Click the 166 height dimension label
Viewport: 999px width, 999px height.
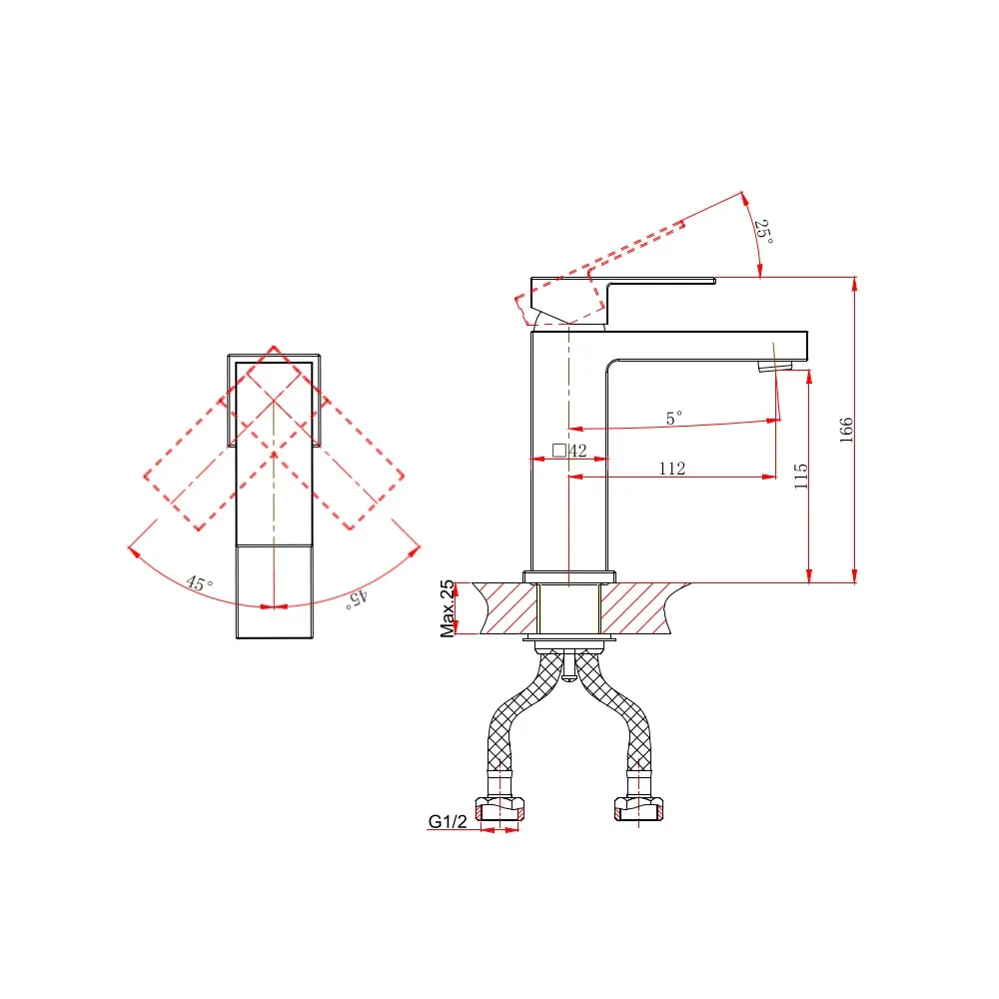point(845,430)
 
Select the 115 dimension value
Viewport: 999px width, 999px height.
point(801,477)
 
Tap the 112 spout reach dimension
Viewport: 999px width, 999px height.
point(672,469)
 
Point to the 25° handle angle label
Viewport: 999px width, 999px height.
point(764,232)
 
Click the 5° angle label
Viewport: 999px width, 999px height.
point(674,418)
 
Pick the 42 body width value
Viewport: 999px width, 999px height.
point(577,451)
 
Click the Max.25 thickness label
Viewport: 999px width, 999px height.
point(448,608)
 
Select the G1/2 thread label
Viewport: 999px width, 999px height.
point(448,821)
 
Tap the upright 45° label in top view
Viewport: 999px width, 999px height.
point(200,583)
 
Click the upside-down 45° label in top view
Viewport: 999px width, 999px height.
point(357,598)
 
